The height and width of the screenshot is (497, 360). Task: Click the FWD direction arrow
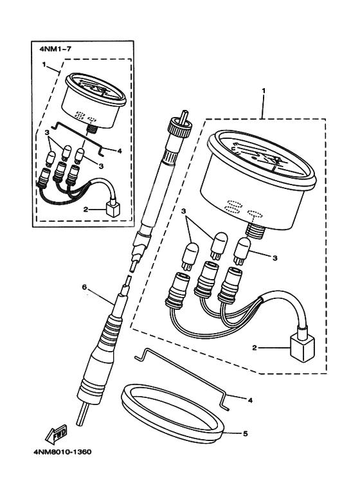(x=57, y=433)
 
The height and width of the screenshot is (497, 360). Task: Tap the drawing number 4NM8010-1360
(x=62, y=452)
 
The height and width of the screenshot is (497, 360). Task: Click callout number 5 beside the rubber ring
(x=246, y=433)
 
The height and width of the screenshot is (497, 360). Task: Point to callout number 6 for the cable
(x=84, y=287)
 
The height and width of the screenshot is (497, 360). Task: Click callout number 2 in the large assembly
(x=254, y=348)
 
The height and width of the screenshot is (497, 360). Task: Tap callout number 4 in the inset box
(x=120, y=151)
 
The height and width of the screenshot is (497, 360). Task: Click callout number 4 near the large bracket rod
(x=250, y=401)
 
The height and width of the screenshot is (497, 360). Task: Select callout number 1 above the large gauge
(x=264, y=91)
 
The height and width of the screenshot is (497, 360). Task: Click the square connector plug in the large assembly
(x=303, y=347)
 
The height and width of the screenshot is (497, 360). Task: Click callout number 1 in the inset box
(x=44, y=64)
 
